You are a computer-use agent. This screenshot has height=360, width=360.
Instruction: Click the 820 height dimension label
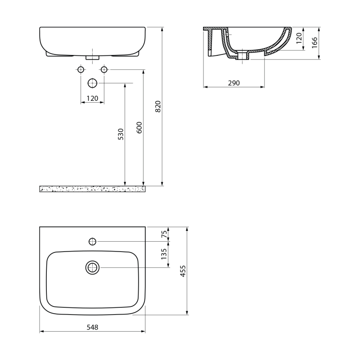[158, 106]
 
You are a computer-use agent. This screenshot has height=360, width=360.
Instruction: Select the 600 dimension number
[139, 128]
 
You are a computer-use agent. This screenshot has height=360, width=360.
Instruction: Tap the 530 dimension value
[121, 134]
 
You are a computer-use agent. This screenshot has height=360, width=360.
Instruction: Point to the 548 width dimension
[92, 327]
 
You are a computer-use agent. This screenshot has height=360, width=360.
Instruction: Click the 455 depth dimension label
[183, 271]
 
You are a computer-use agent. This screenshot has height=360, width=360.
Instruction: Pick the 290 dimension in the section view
[234, 83]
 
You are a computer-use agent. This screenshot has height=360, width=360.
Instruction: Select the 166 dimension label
[315, 42]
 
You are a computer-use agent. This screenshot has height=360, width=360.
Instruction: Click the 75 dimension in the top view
[164, 234]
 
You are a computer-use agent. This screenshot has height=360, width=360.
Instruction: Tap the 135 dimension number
[164, 254]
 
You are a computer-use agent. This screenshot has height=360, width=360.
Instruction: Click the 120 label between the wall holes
[92, 98]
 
